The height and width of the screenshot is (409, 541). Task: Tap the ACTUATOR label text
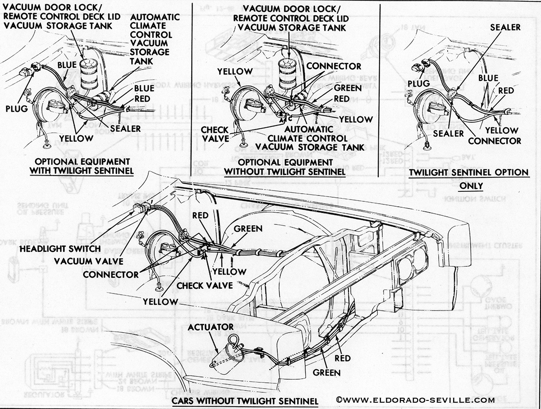[x=211, y=326]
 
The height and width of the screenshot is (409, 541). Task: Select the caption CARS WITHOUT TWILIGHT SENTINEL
[x=245, y=401]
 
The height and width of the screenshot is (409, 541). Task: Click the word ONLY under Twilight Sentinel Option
[x=469, y=186]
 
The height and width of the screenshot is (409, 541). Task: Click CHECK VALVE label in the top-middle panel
[x=215, y=134]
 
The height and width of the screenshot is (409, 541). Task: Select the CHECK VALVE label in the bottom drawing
[x=205, y=285]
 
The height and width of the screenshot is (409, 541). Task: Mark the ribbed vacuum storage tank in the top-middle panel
[x=286, y=72]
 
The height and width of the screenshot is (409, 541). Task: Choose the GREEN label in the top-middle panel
[x=348, y=88]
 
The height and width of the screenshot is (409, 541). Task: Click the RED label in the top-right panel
[x=506, y=91]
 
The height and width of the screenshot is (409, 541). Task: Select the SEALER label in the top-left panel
[x=126, y=129]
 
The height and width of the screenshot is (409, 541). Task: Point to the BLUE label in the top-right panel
[x=488, y=78]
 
